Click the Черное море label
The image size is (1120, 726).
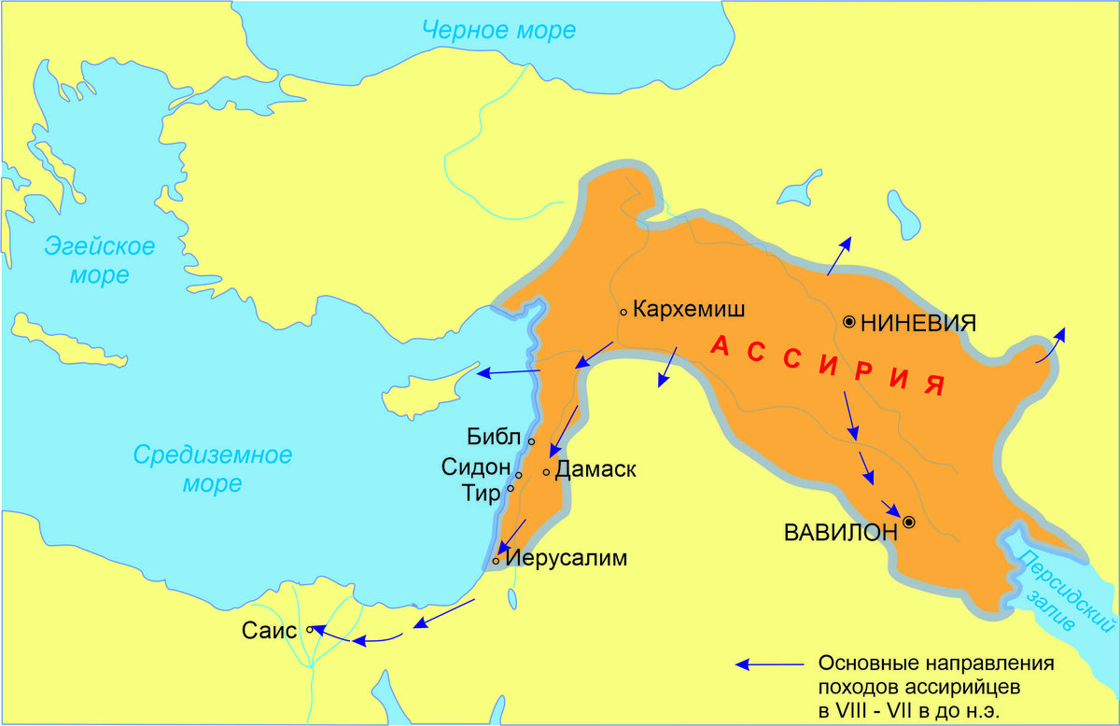pos(498,29)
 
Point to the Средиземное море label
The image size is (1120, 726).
pos(213,469)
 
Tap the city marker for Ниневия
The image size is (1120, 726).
pos(849,322)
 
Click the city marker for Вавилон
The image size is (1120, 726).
pos(908,523)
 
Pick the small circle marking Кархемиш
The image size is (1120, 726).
pos(623,312)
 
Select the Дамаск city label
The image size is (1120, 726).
pos(595,470)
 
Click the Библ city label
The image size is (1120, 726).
pos(497,437)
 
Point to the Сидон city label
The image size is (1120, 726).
pos(477,467)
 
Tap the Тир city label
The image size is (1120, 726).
pos(482,493)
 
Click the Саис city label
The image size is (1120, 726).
pos(270,630)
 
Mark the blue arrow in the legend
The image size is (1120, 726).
pos(769,664)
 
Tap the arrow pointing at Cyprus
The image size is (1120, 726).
pos(509,372)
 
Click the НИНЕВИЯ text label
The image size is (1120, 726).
pos(918,323)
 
